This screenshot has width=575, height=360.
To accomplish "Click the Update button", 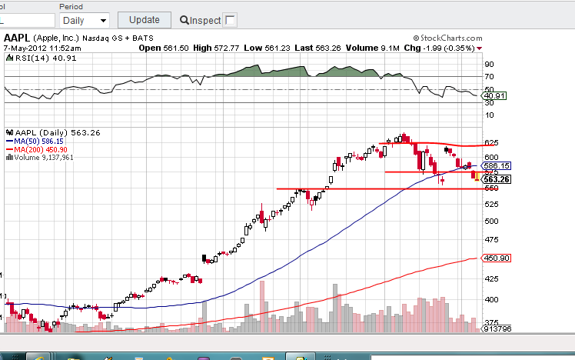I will point(145,20).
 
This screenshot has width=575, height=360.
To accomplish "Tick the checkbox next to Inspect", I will point(230,20).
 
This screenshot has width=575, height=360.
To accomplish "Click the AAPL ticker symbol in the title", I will point(16,37).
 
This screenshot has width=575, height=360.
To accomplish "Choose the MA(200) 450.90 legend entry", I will point(38,149).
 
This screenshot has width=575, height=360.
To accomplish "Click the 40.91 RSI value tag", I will point(492,95).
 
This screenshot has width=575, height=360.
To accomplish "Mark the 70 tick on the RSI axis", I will point(488,76).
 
